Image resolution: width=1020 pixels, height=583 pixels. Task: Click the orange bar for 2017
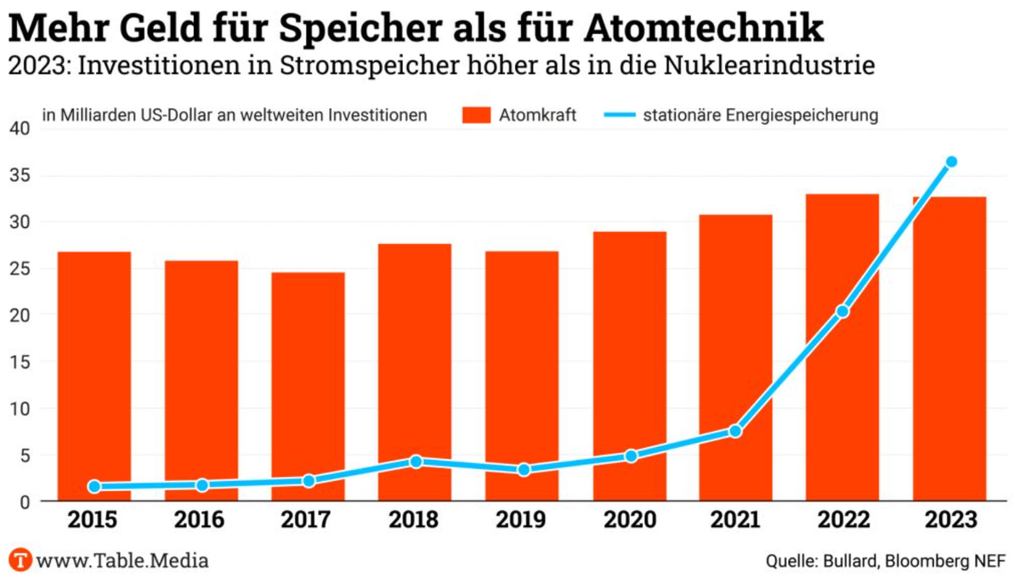(309, 387)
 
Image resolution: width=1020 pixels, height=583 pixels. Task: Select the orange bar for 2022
(842, 348)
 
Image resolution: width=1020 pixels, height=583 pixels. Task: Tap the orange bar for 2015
(94, 376)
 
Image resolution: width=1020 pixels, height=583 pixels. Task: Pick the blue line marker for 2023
(951, 161)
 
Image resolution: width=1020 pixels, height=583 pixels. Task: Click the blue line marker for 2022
(842, 312)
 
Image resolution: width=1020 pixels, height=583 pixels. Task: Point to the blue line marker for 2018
(416, 461)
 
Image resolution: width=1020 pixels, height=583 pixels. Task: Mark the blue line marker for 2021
(735, 431)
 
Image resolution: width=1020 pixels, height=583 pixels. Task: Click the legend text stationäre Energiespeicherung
(760, 115)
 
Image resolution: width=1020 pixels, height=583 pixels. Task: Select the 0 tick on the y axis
(25, 501)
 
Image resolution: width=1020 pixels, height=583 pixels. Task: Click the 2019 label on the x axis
(522, 520)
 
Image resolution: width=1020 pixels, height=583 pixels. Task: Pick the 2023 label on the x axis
(949, 520)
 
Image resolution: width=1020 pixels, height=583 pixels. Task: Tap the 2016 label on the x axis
(201, 520)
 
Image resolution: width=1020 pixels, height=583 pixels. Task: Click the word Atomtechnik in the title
(703, 27)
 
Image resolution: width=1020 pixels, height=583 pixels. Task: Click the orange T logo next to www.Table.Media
(20, 561)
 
